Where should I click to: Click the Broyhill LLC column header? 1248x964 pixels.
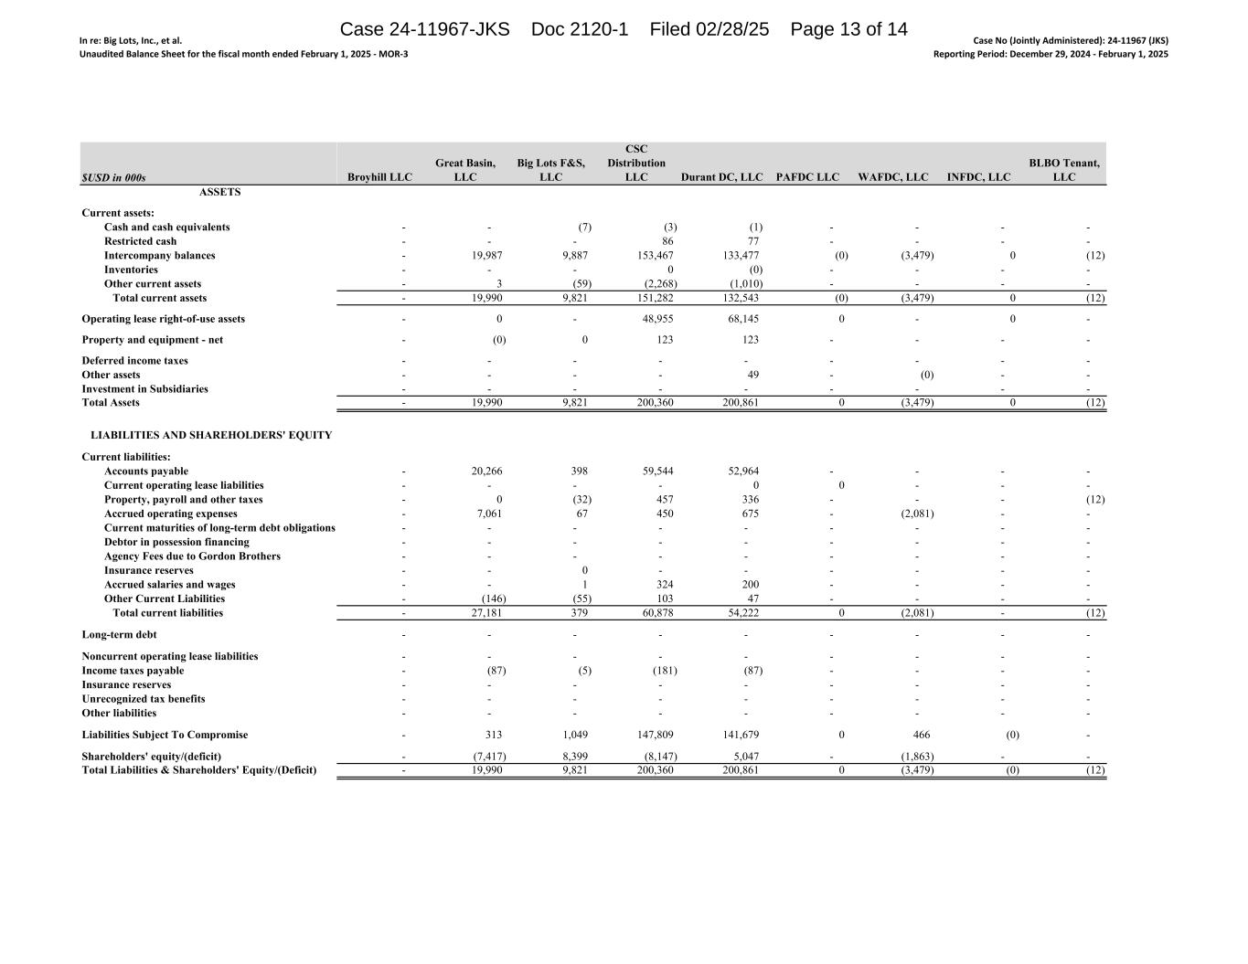point(380,177)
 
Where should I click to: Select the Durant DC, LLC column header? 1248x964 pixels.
point(721,177)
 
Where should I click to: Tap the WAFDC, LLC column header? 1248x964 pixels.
point(892,177)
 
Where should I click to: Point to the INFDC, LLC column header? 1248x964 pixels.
point(979,177)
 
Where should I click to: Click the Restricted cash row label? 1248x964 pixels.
point(140,241)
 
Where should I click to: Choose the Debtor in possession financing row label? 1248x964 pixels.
point(176,542)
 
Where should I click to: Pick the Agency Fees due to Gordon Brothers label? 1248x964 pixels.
point(192,556)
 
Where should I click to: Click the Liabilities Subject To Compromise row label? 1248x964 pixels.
point(165,735)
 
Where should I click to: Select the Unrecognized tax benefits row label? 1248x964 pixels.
point(144,699)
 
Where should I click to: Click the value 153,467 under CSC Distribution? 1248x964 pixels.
point(655,256)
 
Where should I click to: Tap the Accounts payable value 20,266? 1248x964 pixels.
point(485,471)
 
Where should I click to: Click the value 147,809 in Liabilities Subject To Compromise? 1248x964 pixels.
point(655,735)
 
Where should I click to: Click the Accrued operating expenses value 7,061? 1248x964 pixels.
point(489,514)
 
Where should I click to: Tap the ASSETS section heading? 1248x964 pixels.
point(219,192)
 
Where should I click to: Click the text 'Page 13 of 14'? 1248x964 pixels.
point(848,29)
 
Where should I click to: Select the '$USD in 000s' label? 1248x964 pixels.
point(113,177)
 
